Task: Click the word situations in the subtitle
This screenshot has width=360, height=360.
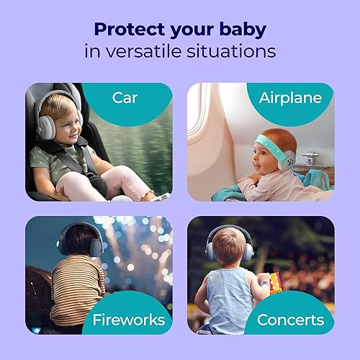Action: [x=239, y=52]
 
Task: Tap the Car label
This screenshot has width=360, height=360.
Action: [x=125, y=96]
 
